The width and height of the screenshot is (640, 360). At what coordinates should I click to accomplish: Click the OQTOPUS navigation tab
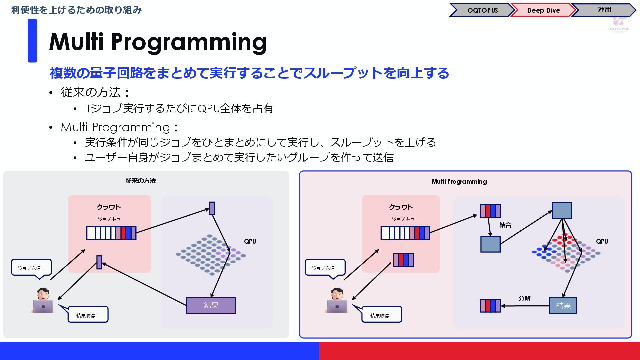[482, 10]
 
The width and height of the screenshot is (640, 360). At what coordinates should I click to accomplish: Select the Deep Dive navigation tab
[543, 10]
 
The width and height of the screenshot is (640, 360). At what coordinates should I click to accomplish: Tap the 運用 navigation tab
[604, 10]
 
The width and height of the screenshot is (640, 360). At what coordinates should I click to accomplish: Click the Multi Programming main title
[158, 42]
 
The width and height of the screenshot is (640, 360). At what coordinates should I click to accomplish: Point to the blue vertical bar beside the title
[32, 41]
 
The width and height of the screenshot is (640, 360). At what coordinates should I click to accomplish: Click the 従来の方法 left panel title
[141, 181]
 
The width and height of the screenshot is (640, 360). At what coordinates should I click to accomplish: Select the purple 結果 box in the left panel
[211, 305]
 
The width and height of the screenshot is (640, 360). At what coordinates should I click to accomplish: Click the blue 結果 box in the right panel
[563, 305]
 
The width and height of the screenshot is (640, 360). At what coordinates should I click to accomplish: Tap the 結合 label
[505, 225]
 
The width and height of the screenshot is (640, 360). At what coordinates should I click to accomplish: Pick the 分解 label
[524, 298]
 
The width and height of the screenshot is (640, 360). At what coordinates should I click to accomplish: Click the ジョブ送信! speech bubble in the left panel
[31, 268]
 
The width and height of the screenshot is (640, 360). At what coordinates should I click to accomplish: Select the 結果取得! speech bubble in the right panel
[381, 315]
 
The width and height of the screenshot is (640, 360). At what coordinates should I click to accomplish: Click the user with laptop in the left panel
[43, 301]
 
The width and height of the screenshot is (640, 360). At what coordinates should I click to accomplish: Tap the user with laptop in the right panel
[337, 301]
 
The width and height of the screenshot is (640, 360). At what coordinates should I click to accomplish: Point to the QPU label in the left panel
[250, 241]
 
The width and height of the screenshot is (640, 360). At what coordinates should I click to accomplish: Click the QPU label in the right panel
[602, 241]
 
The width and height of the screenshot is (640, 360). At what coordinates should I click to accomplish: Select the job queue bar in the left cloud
[111, 233]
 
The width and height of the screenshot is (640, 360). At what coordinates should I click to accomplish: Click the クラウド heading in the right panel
[401, 207]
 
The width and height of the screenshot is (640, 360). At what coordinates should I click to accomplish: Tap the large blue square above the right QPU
[562, 210]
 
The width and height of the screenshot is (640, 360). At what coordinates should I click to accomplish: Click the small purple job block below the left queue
[99, 262]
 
